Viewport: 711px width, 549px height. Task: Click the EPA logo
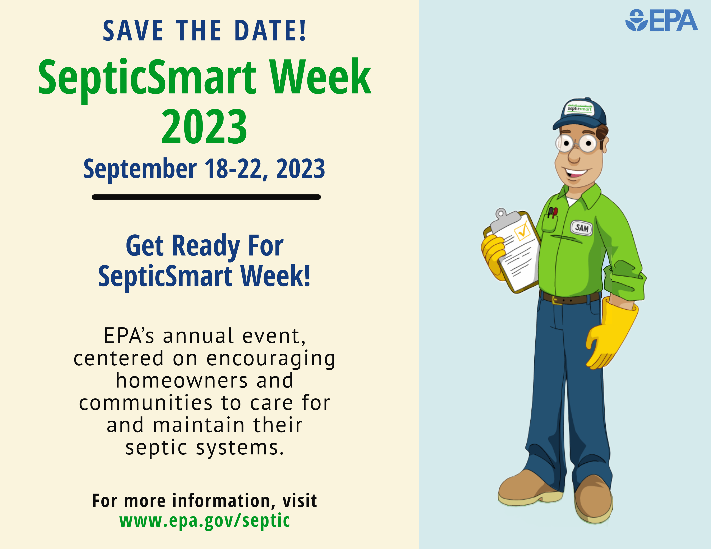[661, 20]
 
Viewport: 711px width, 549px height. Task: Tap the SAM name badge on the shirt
[582, 228]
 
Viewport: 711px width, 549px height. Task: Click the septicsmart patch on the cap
[580, 108]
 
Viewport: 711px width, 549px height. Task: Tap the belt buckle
[557, 299]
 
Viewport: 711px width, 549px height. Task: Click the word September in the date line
[140, 169]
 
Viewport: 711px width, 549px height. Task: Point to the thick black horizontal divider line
[206, 197]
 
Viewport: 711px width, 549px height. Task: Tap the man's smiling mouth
[576, 173]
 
